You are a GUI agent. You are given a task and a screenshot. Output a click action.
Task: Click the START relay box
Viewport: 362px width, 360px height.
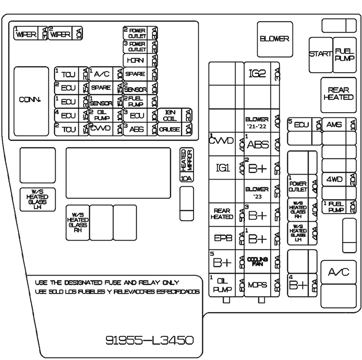point(320,54)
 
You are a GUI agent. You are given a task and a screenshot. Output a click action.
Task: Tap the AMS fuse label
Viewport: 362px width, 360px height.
point(334,125)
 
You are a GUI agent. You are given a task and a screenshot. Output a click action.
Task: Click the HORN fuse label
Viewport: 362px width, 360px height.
point(135,61)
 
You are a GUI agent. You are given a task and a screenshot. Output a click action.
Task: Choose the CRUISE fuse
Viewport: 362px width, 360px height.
point(169,129)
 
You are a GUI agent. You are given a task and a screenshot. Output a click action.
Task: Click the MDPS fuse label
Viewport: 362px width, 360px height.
point(257,285)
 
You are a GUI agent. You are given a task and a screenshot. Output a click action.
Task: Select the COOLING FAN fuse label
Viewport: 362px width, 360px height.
point(257,261)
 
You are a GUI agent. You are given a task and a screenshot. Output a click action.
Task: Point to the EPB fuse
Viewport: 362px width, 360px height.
point(223,238)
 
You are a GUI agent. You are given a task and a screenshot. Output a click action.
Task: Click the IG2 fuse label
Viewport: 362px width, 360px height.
point(257,73)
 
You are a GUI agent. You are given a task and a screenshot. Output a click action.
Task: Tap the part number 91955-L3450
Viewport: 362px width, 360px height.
point(149,339)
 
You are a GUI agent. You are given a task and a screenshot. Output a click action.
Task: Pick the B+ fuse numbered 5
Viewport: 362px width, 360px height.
point(223,261)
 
